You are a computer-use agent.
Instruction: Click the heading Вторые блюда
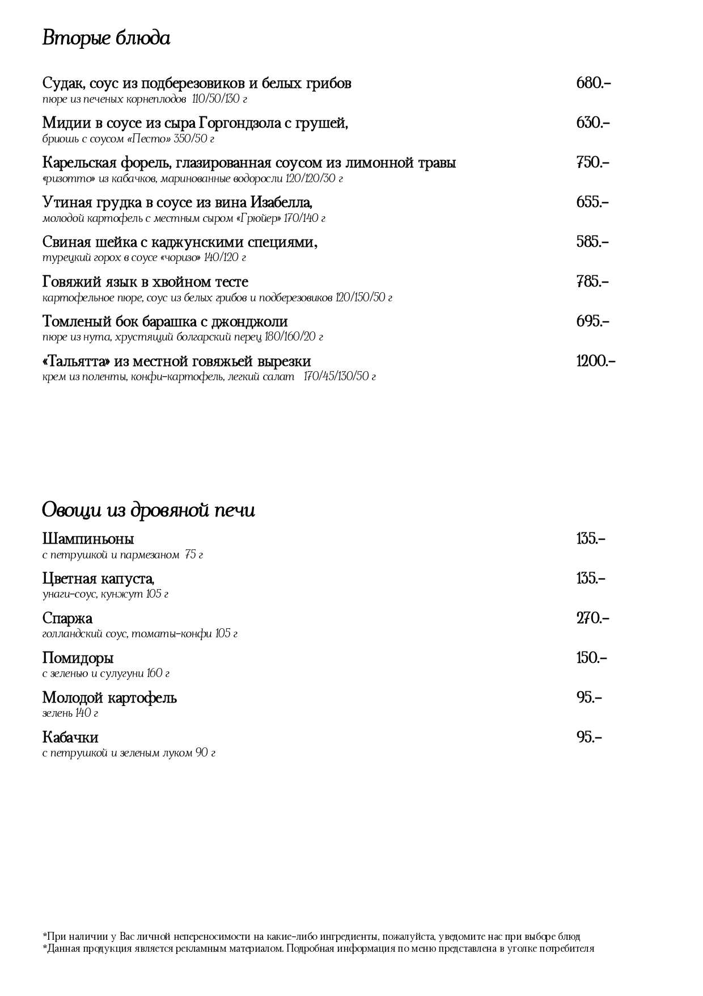tap(106, 39)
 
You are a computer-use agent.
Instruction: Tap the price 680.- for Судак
tap(593, 83)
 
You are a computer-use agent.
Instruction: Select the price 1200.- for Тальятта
tap(595, 362)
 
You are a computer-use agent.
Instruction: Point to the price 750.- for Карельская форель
tap(592, 163)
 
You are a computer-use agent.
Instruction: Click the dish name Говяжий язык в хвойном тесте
tap(145, 282)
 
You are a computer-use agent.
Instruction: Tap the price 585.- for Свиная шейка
tap(592, 242)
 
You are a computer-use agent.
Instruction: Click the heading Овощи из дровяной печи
tap(149, 510)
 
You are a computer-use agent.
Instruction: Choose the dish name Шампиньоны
tap(88, 539)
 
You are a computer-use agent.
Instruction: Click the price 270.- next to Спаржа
tap(592, 618)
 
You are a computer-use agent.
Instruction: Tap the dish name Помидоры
tap(78, 658)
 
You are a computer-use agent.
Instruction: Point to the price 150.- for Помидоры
tap(591, 658)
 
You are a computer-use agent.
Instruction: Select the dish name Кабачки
tap(70, 737)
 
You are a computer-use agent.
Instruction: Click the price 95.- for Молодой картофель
tap(589, 697)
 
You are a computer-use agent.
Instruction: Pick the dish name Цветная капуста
tap(98, 578)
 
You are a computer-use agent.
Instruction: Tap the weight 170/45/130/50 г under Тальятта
tap(340, 377)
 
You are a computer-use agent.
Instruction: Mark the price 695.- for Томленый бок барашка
tap(592, 322)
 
